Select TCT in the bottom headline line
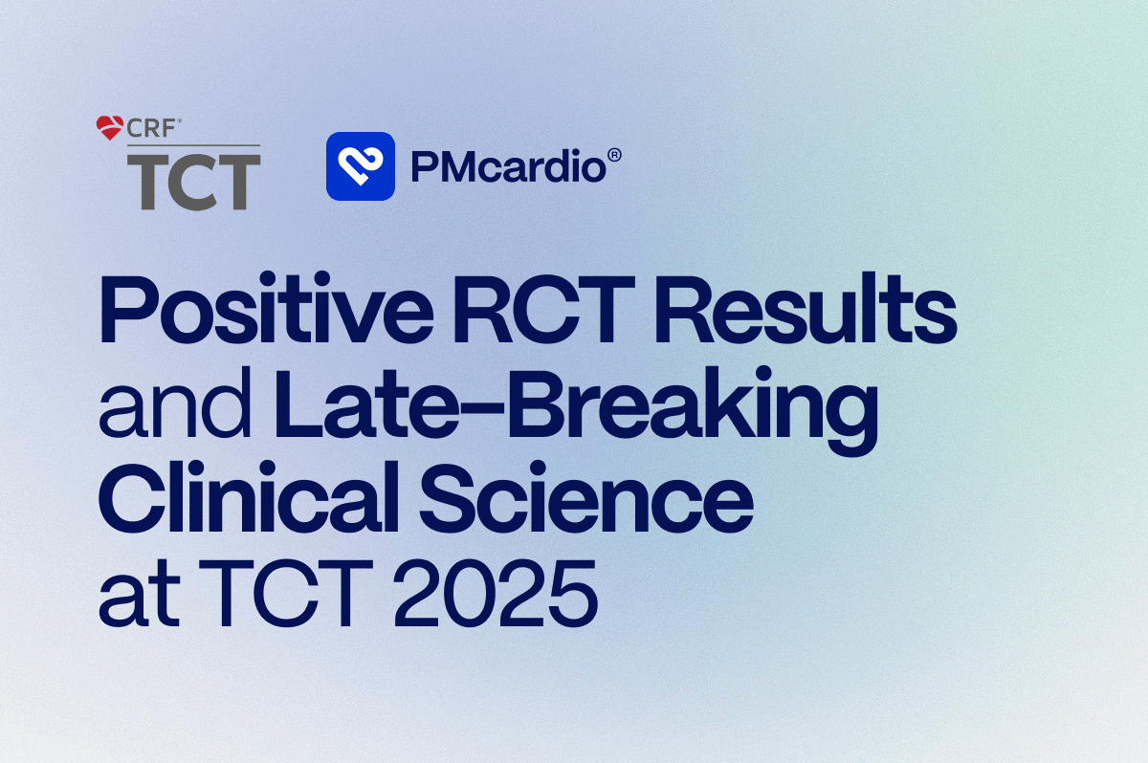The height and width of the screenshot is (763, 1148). click(x=277, y=595)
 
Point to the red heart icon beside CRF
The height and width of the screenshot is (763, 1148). click(x=110, y=127)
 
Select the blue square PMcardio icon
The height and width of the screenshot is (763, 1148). click(x=361, y=166)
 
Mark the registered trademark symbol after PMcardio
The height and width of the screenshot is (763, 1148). click(x=615, y=154)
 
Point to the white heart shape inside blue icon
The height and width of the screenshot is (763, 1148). click(x=361, y=166)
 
